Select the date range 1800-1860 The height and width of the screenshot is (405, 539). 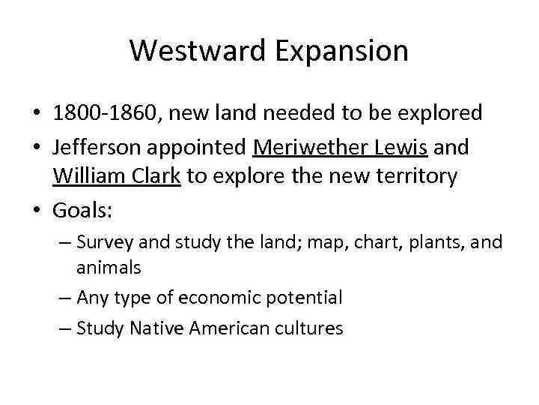pyautogui.click(x=105, y=113)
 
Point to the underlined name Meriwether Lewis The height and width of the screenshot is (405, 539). pyautogui.click(x=341, y=147)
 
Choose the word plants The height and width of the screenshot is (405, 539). pyautogui.click(x=421, y=241)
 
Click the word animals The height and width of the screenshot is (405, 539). pyautogui.click(x=108, y=268)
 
